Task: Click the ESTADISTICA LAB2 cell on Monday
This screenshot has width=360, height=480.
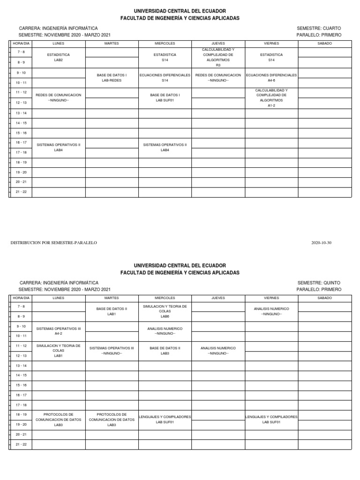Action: click(59, 57)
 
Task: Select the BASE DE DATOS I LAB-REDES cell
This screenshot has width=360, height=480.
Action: click(112, 77)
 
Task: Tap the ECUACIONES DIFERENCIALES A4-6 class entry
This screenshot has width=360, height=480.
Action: click(271, 77)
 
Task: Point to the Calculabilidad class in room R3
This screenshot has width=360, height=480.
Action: click(218, 57)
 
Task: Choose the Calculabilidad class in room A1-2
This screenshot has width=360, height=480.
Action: click(271, 97)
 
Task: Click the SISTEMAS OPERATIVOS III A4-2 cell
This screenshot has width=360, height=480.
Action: click(59, 331)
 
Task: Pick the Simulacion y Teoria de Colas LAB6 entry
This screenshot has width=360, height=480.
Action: click(165, 311)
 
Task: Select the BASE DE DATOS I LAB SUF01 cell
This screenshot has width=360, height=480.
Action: click(165, 97)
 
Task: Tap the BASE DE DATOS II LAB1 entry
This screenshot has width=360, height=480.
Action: click(112, 311)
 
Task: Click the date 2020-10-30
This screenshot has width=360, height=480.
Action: click(321, 243)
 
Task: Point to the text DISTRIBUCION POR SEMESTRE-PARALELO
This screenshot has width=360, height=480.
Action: click(53, 243)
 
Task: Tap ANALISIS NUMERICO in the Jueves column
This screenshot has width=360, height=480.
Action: click(218, 351)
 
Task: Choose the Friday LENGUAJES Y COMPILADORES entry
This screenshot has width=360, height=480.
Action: click(271, 419)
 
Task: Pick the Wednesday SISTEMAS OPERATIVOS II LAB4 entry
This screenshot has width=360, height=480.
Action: click(165, 147)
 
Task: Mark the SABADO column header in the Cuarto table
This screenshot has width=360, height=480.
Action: click(324, 43)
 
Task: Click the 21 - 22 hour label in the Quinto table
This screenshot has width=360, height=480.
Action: click(21, 444)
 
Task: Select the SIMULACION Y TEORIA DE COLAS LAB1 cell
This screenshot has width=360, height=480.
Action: click(59, 351)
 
